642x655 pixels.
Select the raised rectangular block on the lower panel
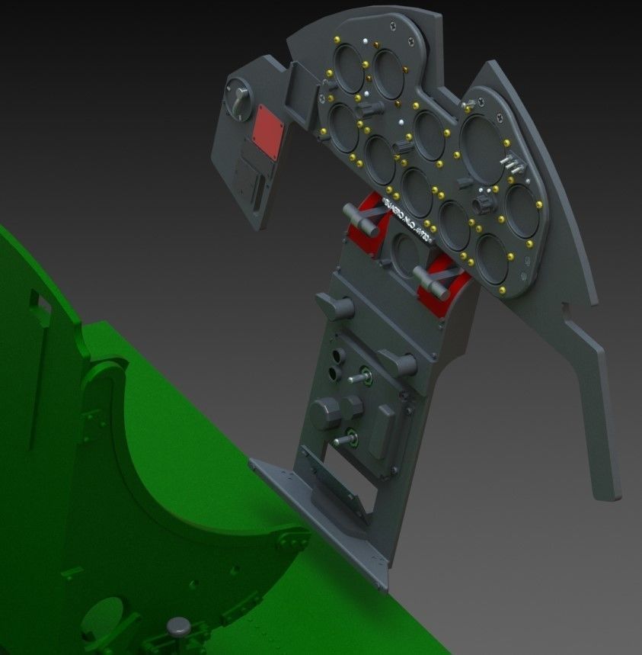[382, 431]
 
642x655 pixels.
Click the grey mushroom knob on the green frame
[180, 627]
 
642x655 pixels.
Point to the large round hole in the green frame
[107, 618]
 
